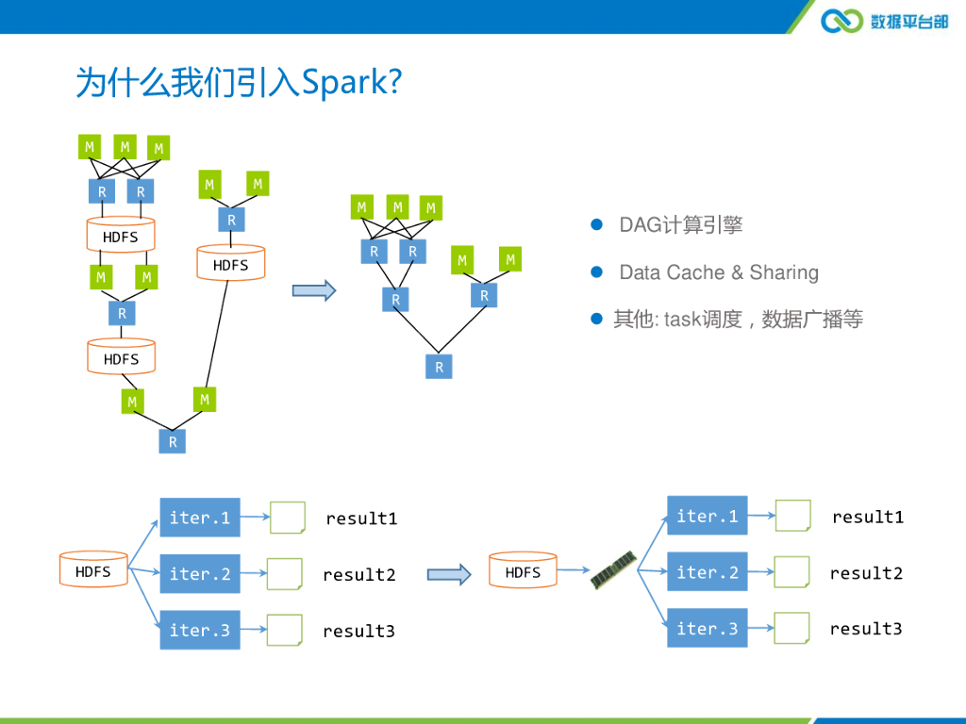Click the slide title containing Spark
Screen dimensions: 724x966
click(x=239, y=83)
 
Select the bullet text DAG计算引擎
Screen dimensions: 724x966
click(x=680, y=225)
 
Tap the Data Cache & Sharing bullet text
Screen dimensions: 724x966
click(x=718, y=272)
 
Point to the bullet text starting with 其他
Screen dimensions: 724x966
click(x=738, y=320)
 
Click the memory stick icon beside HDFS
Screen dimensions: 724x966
click(x=612, y=570)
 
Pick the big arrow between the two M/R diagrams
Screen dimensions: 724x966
click(x=314, y=290)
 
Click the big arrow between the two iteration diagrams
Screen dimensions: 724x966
click(x=449, y=574)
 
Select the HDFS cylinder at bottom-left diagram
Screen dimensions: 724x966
click(x=93, y=569)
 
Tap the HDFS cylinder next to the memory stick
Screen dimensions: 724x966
click(x=523, y=570)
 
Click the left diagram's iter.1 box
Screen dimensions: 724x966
click(x=200, y=518)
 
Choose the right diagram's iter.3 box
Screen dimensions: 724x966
click(x=707, y=628)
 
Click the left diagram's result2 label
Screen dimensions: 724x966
click(x=359, y=575)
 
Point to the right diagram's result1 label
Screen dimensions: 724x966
click(x=868, y=517)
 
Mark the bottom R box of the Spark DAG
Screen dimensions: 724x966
click(x=439, y=367)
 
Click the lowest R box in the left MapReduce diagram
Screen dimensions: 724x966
click(x=173, y=440)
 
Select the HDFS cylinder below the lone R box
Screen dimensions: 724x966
click(x=231, y=263)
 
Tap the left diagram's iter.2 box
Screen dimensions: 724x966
click(x=200, y=574)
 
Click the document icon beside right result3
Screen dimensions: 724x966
click(x=792, y=628)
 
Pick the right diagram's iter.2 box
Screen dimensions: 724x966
click(x=707, y=571)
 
